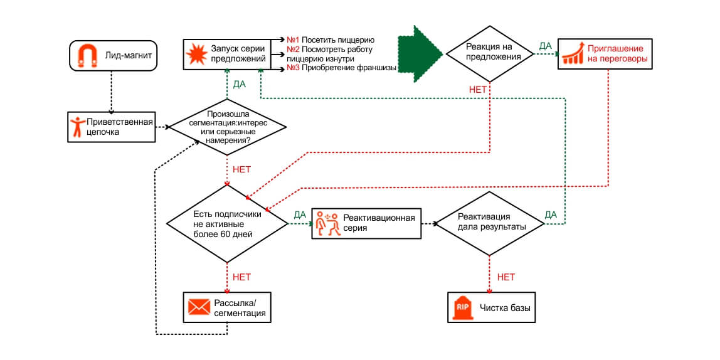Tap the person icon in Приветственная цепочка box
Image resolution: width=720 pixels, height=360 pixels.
[x=78, y=127]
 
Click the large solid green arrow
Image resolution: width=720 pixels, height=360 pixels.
[x=420, y=54]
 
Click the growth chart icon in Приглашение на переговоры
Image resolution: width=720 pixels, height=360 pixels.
[x=573, y=55]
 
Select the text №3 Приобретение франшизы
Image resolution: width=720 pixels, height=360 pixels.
[x=342, y=68]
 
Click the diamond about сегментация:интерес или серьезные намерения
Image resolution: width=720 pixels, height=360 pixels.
[x=228, y=127]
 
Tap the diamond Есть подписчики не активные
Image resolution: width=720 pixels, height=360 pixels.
[x=227, y=223]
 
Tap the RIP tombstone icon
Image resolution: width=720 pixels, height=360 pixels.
[x=462, y=307]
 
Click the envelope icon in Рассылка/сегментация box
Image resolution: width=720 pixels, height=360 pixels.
[x=198, y=307]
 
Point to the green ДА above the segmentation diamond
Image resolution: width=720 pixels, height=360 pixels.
[x=240, y=84]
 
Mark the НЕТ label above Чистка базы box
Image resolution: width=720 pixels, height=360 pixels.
[x=506, y=277]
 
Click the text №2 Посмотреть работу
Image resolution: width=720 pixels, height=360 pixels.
[x=330, y=50]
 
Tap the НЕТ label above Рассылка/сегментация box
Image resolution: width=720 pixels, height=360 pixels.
[x=241, y=277]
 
